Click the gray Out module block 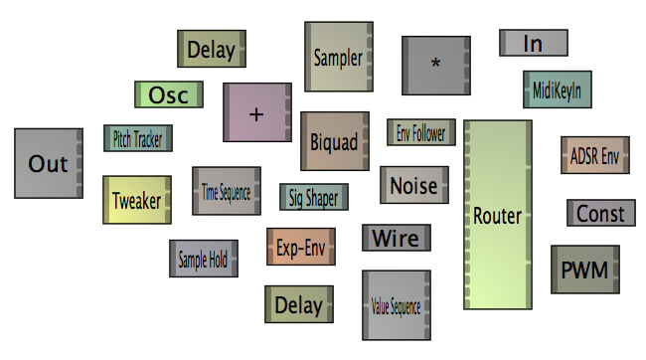point(48,163)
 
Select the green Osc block point(169,94)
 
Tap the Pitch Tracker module point(137,139)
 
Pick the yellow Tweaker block point(137,200)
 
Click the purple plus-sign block point(256,111)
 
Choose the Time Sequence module point(226,191)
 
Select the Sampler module point(338,57)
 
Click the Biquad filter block point(334,141)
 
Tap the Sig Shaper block point(313,197)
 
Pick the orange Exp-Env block point(301,246)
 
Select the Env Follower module point(420,132)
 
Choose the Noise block point(413,185)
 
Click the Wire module point(396,238)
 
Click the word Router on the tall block point(497,216)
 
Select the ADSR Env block point(594,156)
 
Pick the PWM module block point(584,270)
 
